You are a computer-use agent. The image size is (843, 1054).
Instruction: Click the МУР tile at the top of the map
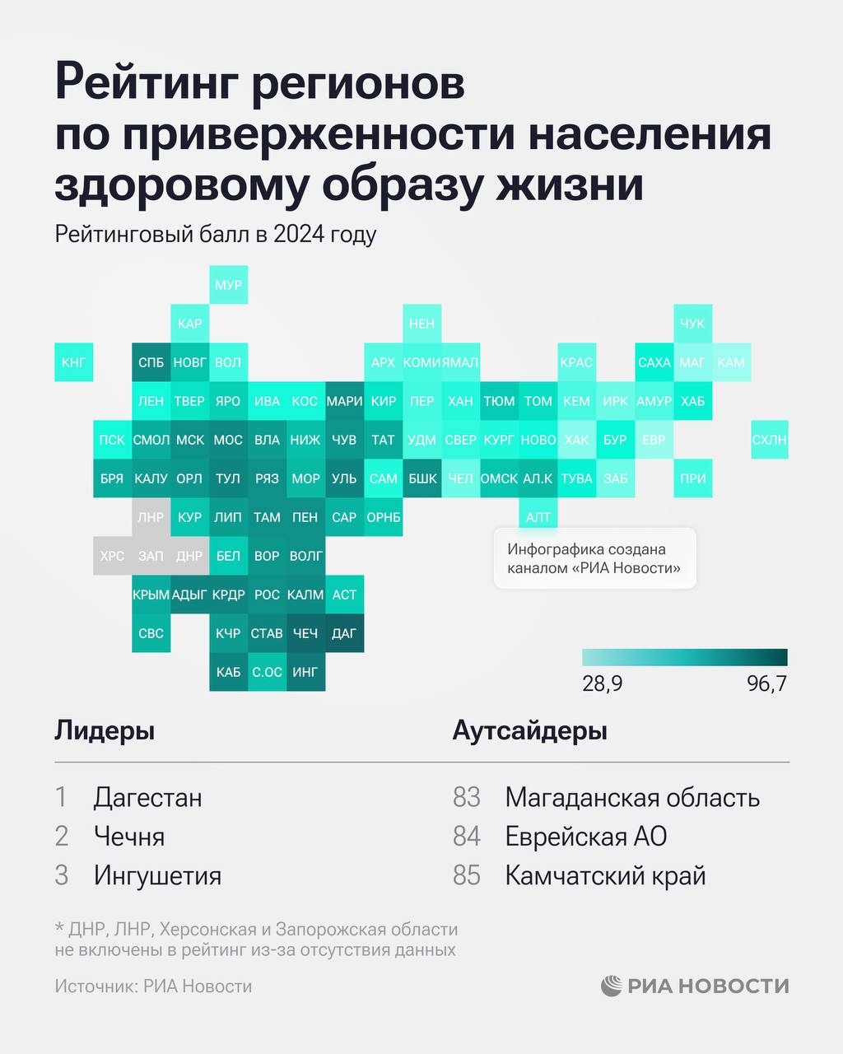pos(228,285)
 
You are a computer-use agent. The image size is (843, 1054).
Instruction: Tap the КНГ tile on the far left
pos(73,362)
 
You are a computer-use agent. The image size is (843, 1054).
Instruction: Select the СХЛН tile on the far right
pos(770,440)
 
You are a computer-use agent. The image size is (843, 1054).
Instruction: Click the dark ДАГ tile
pos(344,633)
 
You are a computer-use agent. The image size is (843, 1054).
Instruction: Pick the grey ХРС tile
pos(112,556)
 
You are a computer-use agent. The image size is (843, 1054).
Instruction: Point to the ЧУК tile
pos(692,324)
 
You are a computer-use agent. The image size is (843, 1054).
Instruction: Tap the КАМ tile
pos(731,362)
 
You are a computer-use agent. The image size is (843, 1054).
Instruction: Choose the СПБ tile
pos(151,362)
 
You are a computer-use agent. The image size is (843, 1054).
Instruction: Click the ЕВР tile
pos(654,440)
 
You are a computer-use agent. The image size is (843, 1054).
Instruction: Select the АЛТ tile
pos(538,517)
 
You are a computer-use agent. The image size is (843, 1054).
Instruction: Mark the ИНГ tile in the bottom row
pos(305,672)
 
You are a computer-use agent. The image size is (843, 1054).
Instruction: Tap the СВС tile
pos(151,633)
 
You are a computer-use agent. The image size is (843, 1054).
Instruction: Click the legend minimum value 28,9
pos(602,684)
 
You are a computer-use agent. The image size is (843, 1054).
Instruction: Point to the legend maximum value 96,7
pos(766,684)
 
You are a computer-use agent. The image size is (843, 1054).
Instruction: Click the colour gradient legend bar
pos(684,657)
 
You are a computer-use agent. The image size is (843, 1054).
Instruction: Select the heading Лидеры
pos(105,730)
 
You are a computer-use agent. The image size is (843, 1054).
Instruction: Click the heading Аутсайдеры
pos(529,730)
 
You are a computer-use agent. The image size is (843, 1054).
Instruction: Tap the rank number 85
pos(466,875)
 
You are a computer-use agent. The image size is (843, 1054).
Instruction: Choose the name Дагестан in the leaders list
pos(147,797)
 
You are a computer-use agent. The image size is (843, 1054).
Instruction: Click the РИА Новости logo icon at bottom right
pos(611,986)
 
